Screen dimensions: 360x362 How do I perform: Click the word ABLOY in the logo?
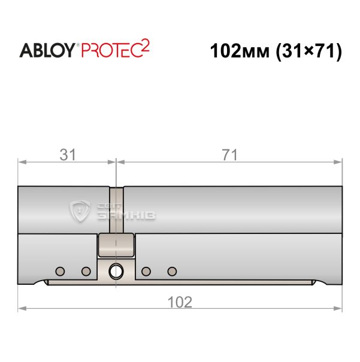point(47,50)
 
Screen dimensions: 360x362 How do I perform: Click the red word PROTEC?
point(111,50)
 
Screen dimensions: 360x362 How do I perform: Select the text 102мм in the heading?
point(240,51)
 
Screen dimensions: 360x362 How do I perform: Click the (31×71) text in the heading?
point(309,51)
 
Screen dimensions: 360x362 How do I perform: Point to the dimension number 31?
point(68,155)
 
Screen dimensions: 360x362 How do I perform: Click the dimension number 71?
point(229,155)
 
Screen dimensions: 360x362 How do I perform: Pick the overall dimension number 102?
point(180,302)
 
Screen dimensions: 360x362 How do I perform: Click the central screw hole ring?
point(116,271)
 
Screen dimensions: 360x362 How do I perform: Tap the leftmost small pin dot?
point(60,271)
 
